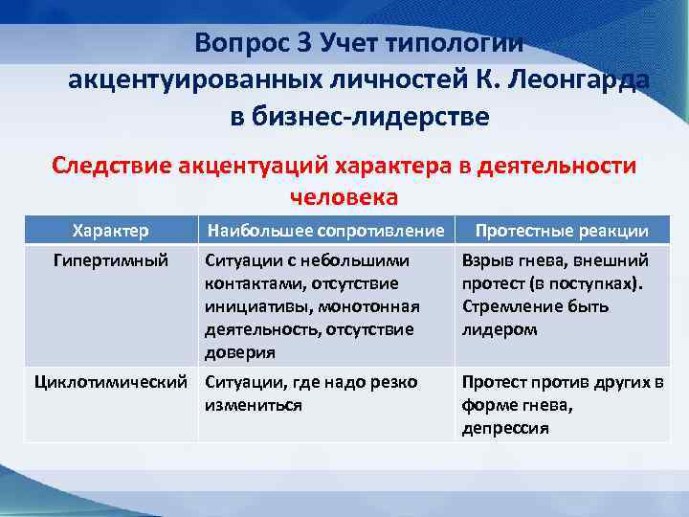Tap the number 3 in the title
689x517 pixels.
click(x=305, y=43)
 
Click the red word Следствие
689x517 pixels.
click(x=113, y=165)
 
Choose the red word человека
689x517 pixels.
click(x=344, y=196)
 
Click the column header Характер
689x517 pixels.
click(x=111, y=231)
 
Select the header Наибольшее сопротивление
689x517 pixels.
click(x=324, y=231)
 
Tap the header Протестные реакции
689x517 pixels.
click(x=562, y=231)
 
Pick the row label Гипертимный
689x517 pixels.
click(x=111, y=260)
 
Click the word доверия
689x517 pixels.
click(x=239, y=352)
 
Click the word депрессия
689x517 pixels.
click(x=504, y=428)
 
